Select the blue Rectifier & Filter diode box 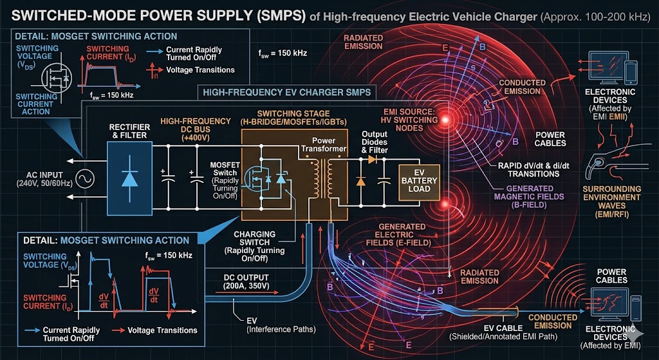(130, 175)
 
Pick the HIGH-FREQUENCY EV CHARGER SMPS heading (286, 92)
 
